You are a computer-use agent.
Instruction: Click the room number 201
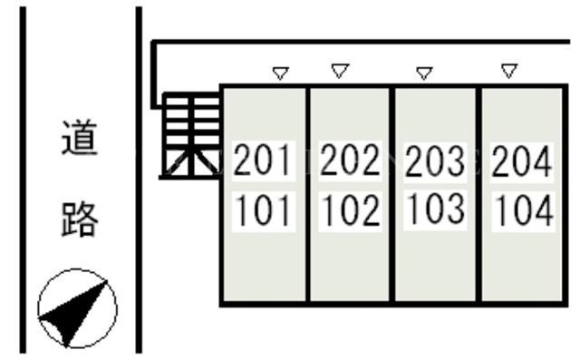(x=262, y=160)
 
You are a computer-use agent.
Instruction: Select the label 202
(x=350, y=160)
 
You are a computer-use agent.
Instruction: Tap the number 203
(x=435, y=161)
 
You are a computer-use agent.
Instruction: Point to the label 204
(x=522, y=161)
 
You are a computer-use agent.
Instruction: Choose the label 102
(x=351, y=210)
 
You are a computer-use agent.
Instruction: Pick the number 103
(x=436, y=209)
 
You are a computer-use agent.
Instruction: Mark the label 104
(x=524, y=210)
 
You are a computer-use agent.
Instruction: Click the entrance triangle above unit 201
(x=280, y=73)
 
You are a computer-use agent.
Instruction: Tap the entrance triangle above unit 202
(x=340, y=71)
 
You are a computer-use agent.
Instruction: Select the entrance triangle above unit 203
(x=424, y=73)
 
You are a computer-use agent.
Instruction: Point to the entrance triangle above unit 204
(x=509, y=71)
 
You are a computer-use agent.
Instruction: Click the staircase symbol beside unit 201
(x=190, y=136)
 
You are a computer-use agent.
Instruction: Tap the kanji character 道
(x=80, y=138)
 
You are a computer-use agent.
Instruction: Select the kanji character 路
(x=80, y=219)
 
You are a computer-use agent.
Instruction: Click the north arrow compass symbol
(x=78, y=308)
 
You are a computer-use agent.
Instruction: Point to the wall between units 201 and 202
(x=308, y=195)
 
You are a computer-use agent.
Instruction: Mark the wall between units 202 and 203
(x=392, y=195)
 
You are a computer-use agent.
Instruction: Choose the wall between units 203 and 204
(x=478, y=195)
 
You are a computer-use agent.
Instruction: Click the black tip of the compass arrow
(x=107, y=281)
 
